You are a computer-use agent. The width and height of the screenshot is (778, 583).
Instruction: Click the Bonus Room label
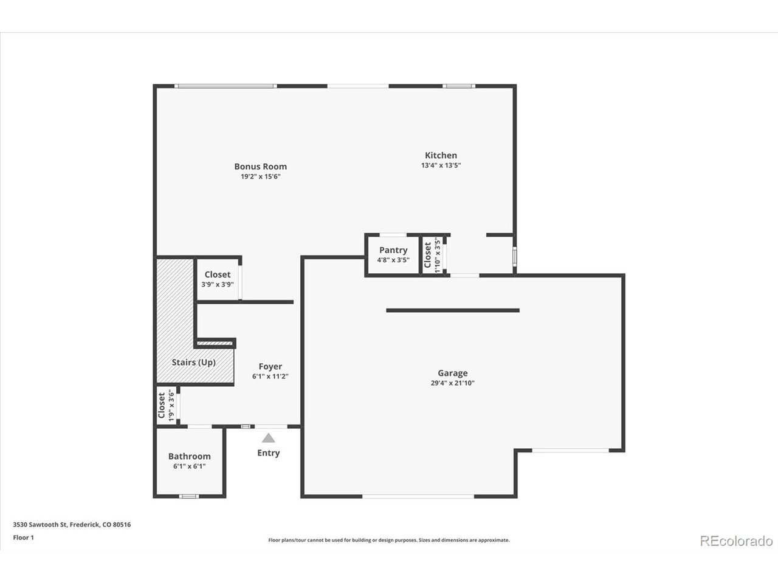point(261,166)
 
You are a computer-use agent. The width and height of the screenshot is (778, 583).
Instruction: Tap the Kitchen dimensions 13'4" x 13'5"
point(441,165)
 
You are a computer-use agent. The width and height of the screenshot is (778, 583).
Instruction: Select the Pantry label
point(393,250)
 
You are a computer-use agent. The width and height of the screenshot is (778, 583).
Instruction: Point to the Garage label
point(453,373)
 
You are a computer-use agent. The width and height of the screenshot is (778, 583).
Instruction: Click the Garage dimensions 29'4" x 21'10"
point(453,383)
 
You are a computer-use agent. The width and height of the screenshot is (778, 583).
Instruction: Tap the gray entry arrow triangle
point(268,438)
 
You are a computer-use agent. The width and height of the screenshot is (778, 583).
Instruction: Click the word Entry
point(268,453)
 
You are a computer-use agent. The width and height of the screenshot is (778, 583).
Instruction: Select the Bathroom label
point(189,456)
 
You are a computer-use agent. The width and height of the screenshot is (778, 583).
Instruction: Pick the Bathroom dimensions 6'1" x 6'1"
point(189,466)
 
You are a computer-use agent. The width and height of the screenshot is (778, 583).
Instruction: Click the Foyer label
point(270,367)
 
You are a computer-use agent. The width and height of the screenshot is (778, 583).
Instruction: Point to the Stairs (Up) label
point(193,363)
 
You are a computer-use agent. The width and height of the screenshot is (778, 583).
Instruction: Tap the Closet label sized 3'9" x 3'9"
point(217,274)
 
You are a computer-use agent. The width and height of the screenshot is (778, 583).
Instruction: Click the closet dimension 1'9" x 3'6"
point(171,405)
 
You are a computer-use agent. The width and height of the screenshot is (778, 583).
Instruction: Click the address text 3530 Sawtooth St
point(40,525)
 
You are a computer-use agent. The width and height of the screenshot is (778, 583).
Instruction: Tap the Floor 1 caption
point(23,537)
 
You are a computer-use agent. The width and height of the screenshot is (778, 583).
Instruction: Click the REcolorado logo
point(736,541)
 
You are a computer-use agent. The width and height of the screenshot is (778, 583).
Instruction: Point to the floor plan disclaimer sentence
point(389,540)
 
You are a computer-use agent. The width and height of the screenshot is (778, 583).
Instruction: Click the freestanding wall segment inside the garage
point(453,310)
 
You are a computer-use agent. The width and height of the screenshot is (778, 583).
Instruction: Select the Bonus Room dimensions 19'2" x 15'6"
point(261,177)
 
